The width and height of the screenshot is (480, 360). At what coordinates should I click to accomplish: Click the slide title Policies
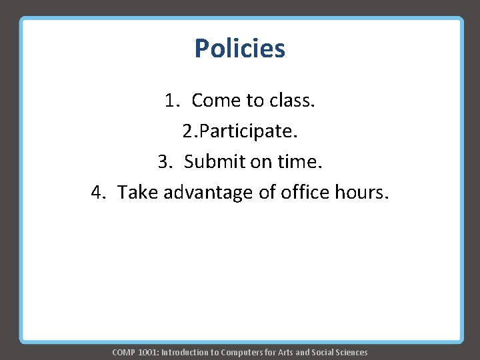(240, 49)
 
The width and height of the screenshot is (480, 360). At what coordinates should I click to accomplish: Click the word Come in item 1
(216, 101)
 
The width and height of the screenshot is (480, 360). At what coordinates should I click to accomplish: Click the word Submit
(215, 162)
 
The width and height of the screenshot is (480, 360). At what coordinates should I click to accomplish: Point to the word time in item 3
(299, 162)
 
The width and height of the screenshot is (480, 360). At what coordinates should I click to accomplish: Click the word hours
(360, 193)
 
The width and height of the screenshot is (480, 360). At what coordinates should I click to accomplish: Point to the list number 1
(172, 101)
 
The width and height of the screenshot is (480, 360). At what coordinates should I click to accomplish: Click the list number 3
(165, 162)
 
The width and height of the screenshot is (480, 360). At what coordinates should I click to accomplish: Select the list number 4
(99, 193)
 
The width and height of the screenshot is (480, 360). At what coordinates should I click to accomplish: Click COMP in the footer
(123, 352)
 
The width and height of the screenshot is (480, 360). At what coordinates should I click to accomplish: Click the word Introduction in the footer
(185, 352)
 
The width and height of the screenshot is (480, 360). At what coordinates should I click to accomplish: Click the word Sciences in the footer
(350, 352)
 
